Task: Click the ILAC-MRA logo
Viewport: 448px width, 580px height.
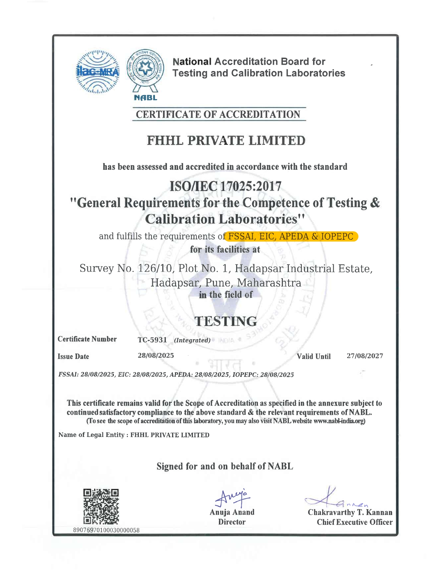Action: click(98, 72)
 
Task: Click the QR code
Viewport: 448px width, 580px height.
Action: click(101, 507)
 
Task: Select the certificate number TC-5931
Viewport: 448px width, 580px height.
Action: click(152, 340)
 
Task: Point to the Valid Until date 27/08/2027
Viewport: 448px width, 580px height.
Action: click(365, 356)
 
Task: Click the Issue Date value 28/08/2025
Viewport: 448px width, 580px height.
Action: click(156, 355)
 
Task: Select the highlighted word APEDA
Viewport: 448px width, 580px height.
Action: click(294, 236)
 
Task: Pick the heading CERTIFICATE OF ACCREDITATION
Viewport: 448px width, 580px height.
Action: click(218, 115)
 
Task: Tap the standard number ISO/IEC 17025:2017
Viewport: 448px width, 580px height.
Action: click(226, 186)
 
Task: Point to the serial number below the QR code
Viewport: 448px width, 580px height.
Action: click(106, 530)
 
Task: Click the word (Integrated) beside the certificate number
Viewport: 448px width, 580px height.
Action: click(192, 340)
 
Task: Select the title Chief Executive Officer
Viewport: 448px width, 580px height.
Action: click(355, 522)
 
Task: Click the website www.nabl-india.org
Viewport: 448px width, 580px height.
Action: click(339, 421)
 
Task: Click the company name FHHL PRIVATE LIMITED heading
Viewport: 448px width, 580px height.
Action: click(226, 141)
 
